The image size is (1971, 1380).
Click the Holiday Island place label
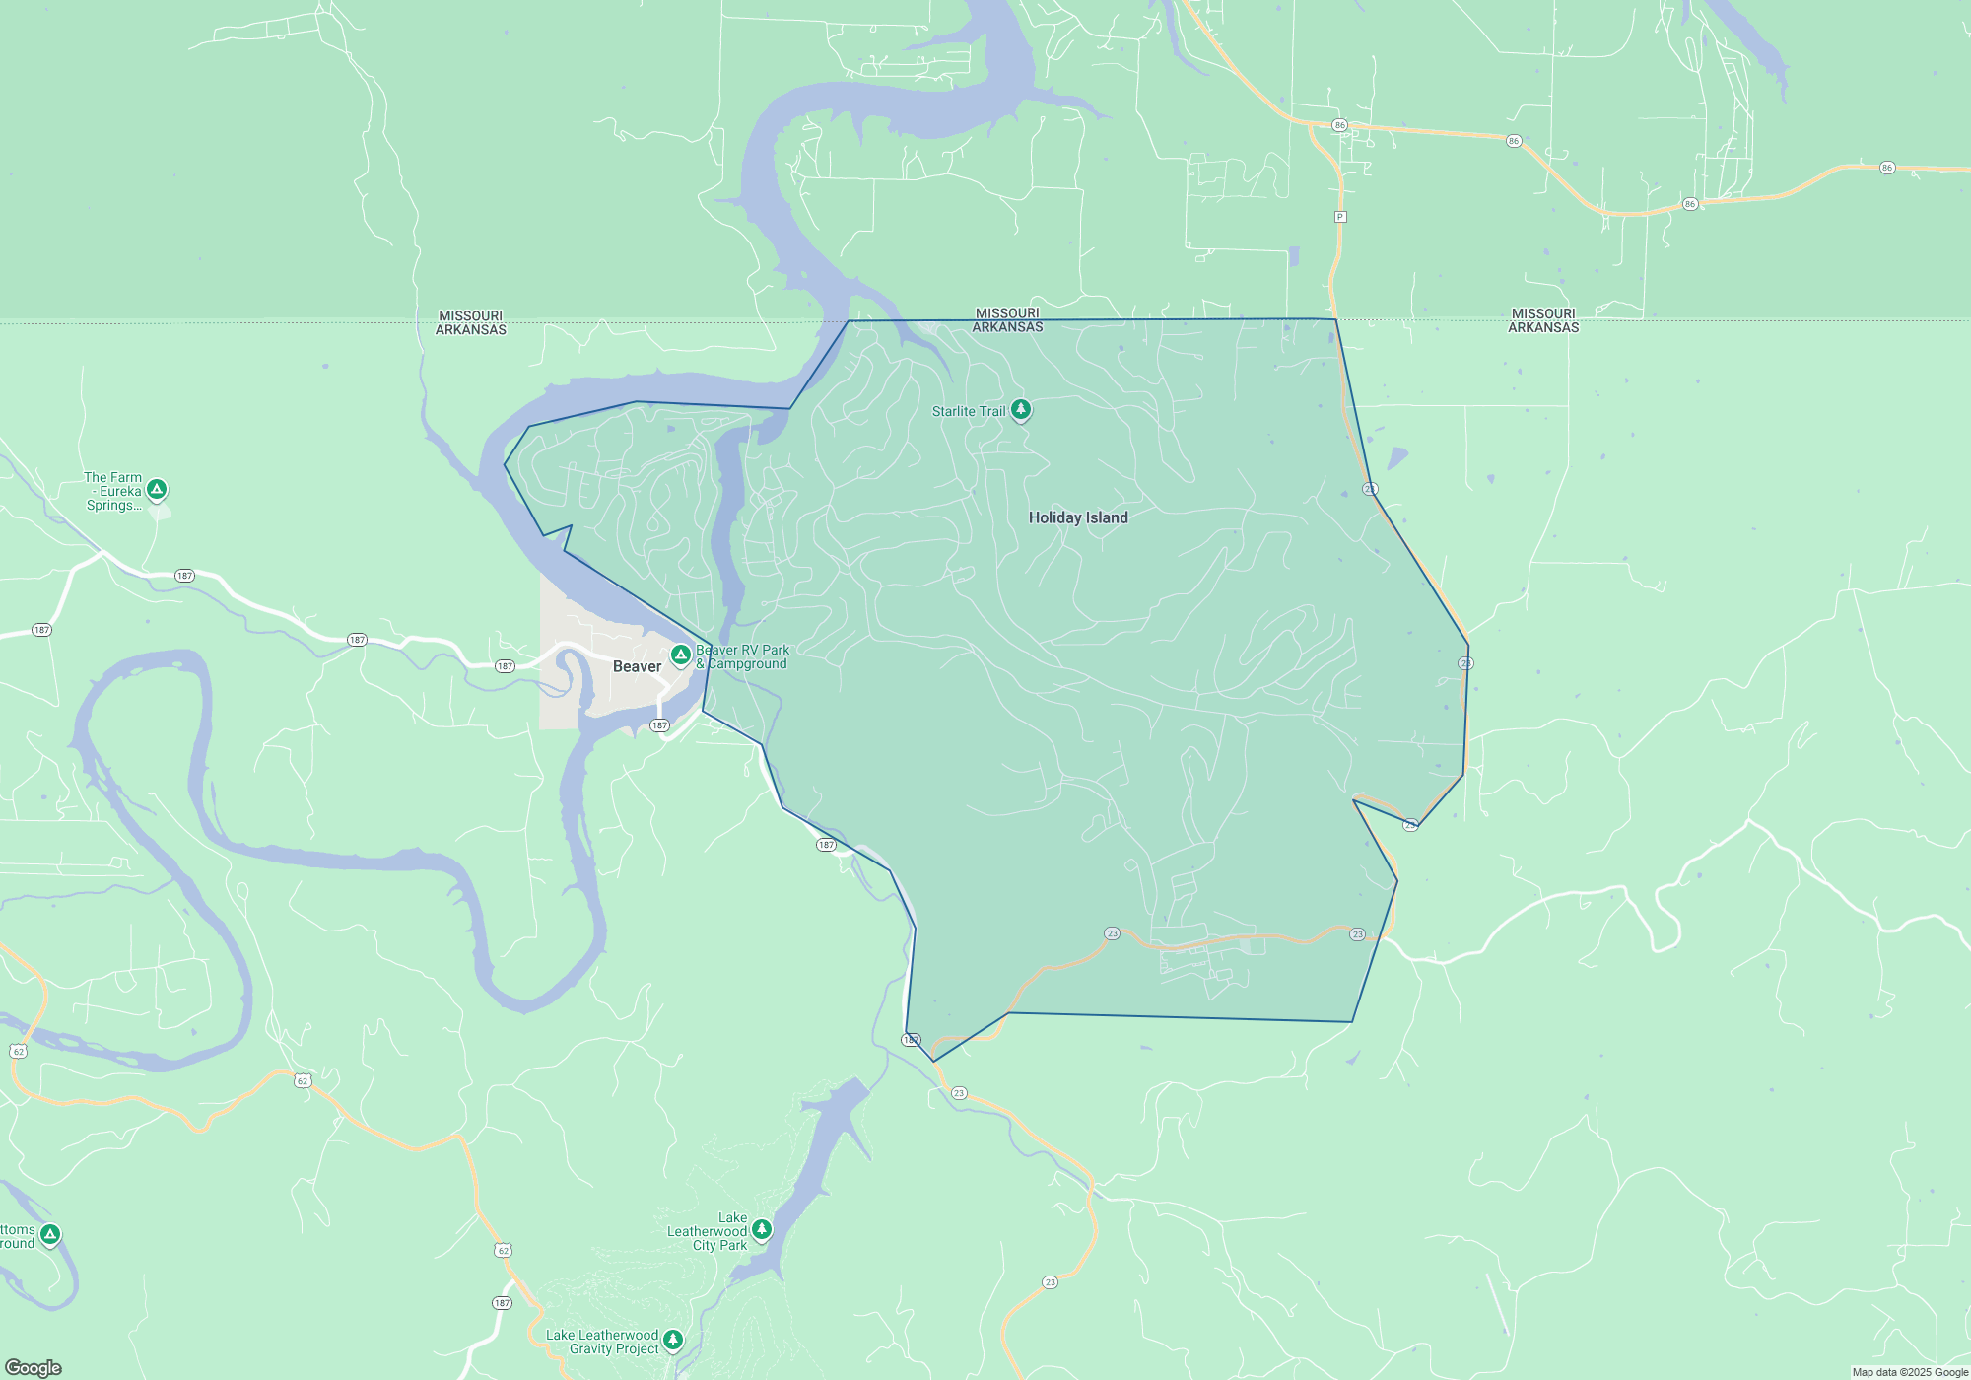[1078, 517]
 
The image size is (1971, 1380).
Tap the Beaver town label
[637, 666]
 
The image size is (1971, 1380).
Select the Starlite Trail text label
[969, 411]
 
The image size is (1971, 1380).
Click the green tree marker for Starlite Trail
[1021, 409]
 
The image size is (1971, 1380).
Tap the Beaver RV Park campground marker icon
[680, 655]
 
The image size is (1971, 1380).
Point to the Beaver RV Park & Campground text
[742, 656]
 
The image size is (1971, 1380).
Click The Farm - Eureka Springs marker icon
[157, 489]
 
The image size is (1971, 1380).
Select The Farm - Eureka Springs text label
[113, 491]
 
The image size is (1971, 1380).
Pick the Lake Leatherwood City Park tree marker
[761, 1229]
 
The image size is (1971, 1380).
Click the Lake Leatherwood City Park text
[708, 1231]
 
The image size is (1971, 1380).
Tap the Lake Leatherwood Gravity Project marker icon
[673, 1339]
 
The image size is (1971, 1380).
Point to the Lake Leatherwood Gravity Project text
[602, 1342]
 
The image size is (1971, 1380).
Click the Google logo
[34, 1367]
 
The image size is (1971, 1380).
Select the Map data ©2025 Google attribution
[1910, 1372]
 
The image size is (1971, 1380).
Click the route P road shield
[1339, 217]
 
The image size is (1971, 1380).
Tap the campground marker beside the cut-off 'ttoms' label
[50, 1234]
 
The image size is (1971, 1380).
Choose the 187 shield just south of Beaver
[659, 725]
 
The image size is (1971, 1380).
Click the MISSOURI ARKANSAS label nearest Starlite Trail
[1007, 320]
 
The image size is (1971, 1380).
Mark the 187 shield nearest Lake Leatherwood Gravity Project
[502, 1303]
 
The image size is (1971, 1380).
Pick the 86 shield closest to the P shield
[1339, 125]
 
